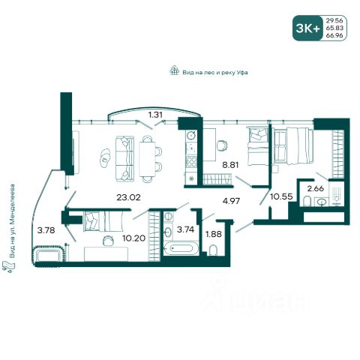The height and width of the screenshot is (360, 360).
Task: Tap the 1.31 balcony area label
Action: click(155, 115)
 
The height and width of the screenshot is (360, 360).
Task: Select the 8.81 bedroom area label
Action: click(230, 165)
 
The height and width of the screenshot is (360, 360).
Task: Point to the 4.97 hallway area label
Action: click(231, 201)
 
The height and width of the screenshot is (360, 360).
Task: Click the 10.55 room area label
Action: click(281, 196)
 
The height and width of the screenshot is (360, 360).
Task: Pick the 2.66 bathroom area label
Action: click(316, 188)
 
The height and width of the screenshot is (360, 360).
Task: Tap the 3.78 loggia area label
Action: click(46, 230)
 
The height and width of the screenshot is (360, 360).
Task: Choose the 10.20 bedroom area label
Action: click(134, 238)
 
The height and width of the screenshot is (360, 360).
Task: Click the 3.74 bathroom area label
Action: click(185, 229)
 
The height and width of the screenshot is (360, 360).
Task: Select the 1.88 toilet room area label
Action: click(213, 234)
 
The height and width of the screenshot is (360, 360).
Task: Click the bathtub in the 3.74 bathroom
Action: click(181, 248)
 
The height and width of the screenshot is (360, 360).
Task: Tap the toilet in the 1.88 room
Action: click(213, 250)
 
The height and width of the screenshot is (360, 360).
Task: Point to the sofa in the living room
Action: click(124, 159)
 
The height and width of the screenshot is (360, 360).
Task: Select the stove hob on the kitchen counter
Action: click(191, 162)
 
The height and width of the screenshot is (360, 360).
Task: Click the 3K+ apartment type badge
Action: click(307, 28)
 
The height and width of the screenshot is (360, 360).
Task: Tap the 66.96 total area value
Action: click(334, 35)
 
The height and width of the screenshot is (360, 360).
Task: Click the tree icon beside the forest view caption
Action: click(174, 70)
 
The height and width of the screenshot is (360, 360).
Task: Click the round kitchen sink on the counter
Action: click(191, 135)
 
